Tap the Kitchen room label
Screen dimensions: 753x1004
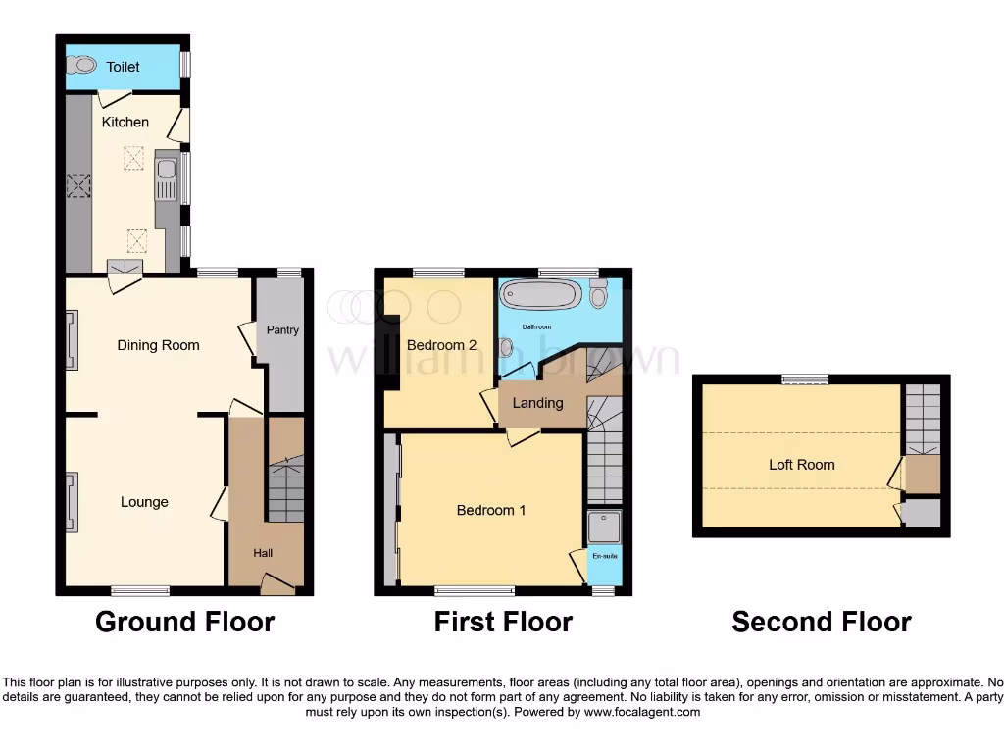125,123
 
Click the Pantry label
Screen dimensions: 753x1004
282,330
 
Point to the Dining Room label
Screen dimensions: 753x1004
158,345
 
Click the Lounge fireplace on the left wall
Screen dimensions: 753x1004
72,502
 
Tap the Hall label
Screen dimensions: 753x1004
263,553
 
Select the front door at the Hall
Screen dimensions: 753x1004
277,585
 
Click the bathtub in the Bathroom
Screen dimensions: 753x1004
542,294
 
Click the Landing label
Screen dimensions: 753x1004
537,403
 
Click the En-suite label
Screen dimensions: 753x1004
604,557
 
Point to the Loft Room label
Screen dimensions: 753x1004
801,465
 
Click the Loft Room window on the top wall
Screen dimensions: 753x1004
804,379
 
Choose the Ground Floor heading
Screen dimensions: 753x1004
184,622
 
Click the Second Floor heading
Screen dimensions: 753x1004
821,622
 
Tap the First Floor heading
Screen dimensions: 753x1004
503,622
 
